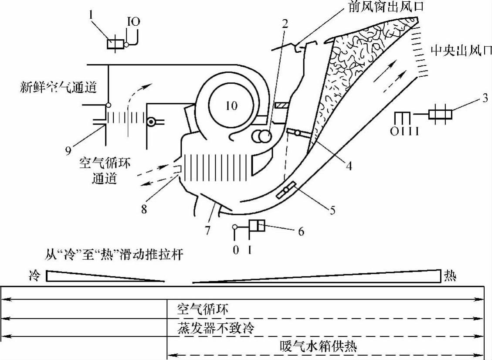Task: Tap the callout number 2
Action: [285, 24]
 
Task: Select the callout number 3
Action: [484, 98]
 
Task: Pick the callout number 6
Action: [300, 231]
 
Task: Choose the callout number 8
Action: [144, 209]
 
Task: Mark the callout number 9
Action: [68, 151]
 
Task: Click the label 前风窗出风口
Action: [386, 7]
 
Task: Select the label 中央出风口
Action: [461, 51]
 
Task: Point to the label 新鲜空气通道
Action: [58, 88]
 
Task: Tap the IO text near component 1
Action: [133, 21]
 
